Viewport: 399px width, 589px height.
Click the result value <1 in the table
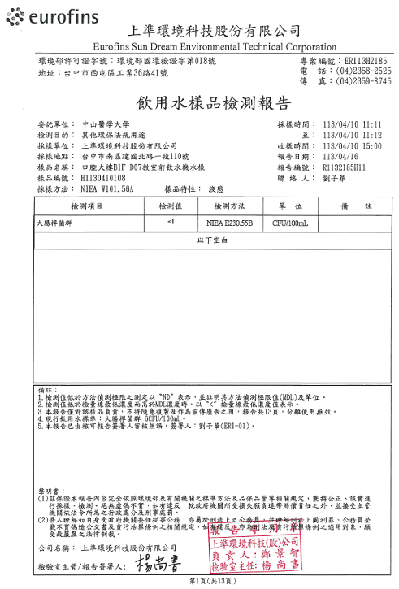point(170,222)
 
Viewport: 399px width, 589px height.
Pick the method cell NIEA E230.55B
point(235,222)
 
